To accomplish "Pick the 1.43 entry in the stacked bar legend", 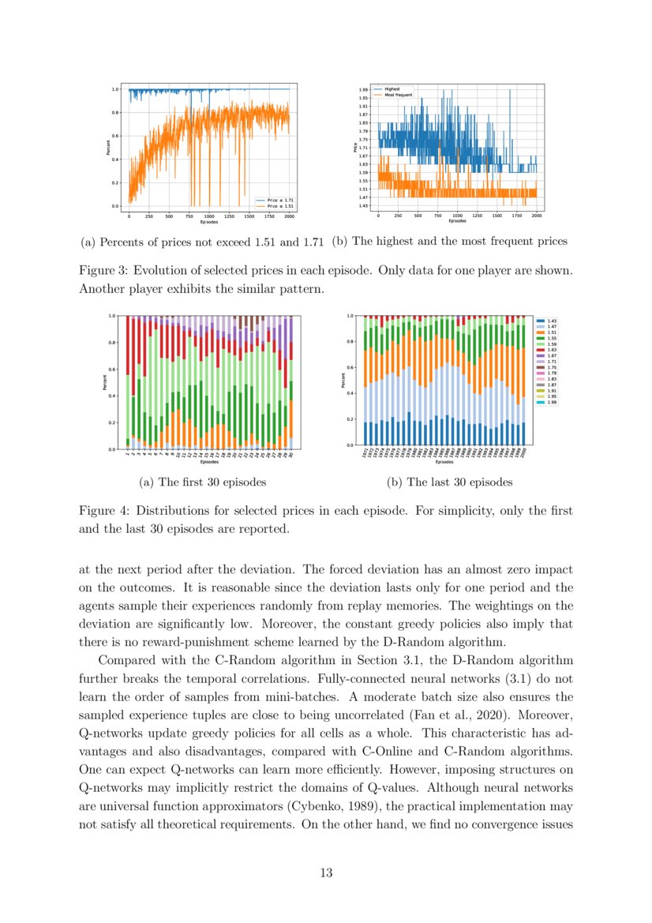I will pos(552,321).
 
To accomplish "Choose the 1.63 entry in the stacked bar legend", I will pos(552,349).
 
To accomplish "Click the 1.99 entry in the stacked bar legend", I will pos(552,403).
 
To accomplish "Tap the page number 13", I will pos(326,872).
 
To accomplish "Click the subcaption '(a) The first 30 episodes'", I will pos(201,482).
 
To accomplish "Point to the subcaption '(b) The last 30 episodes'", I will pos(449,482).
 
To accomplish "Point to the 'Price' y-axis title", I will pos(357,147).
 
